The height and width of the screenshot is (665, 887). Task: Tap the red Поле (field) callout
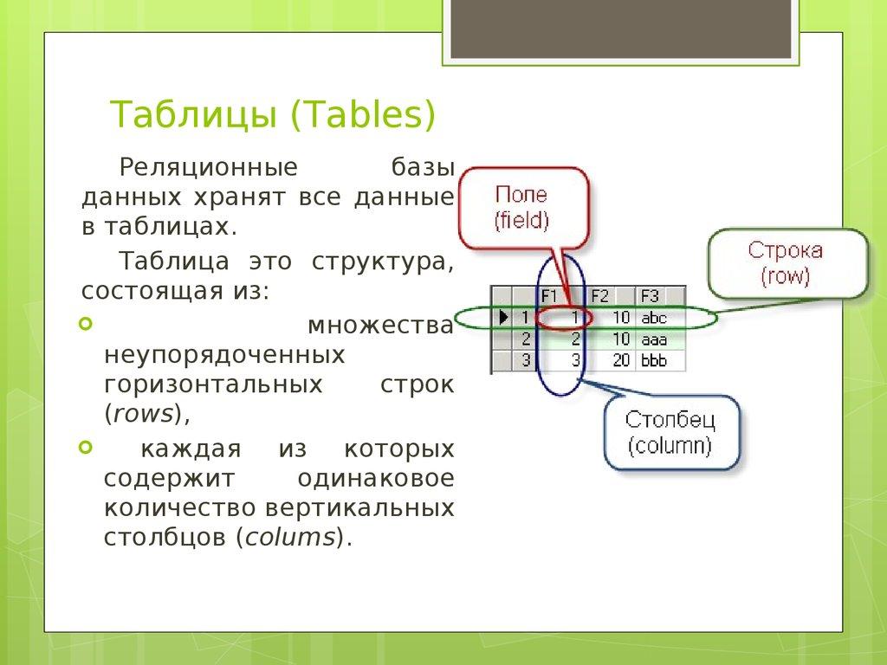coord(521,207)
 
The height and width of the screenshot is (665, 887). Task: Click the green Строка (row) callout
coord(786,263)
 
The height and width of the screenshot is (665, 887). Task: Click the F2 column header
coord(600,295)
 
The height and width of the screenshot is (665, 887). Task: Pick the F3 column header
coord(650,295)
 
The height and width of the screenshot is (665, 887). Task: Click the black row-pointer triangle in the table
coord(503,318)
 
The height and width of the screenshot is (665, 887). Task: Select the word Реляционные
coord(208,166)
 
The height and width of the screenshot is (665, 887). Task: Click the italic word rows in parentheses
coord(144,414)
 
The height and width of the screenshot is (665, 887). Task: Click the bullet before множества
coord(84,325)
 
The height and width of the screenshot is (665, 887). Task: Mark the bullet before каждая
coord(84,448)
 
